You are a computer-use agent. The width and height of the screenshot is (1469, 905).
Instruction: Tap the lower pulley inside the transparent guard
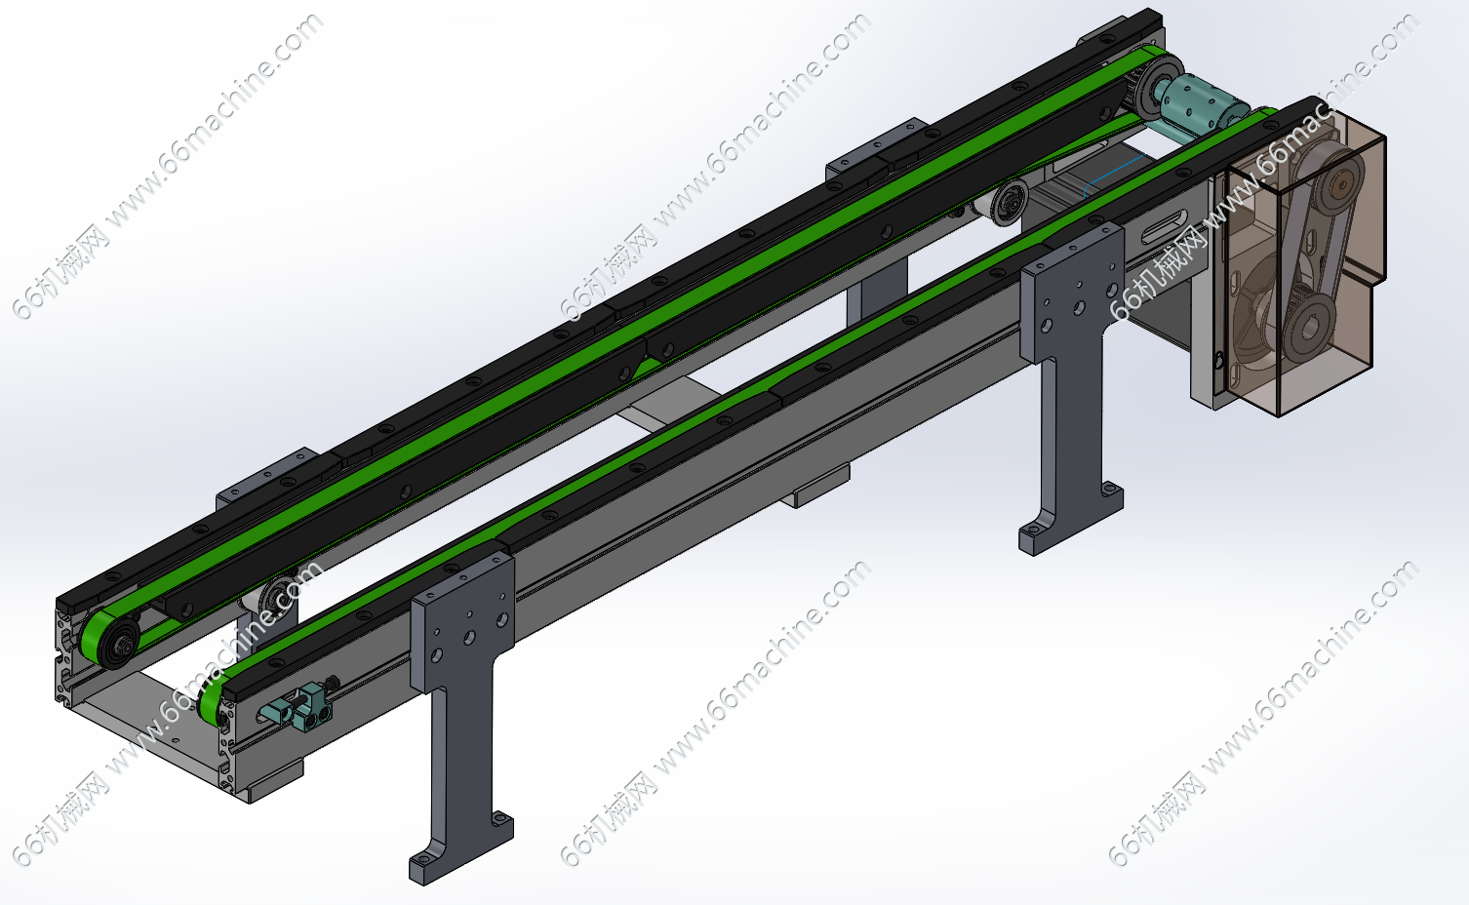point(1308,322)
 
